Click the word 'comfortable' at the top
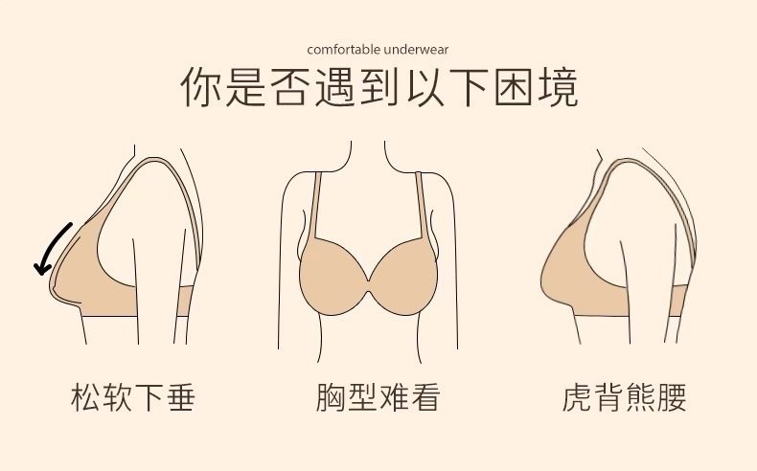coord(337,49)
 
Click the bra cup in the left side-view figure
coord(77,273)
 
